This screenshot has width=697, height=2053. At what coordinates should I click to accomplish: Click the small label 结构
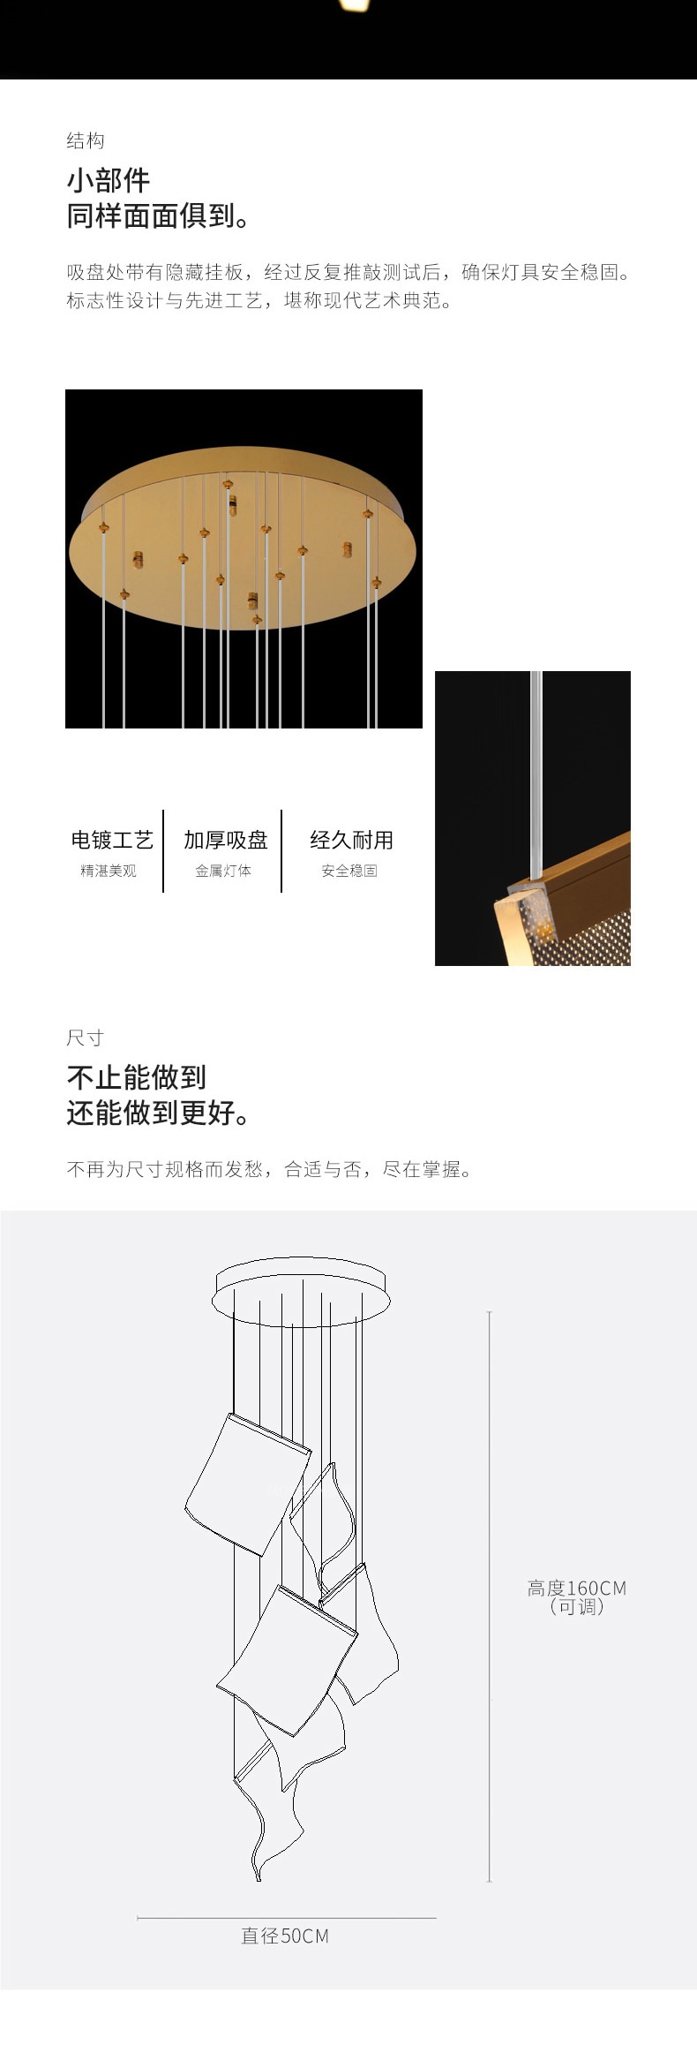pos(86,140)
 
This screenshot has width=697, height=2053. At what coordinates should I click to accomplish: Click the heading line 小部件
pos(109,180)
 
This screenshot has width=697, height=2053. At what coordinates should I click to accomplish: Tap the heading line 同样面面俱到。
pos(158,215)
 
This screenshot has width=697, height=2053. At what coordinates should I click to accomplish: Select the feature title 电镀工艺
pos(112,840)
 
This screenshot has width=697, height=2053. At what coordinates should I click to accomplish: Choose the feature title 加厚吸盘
pos(225,840)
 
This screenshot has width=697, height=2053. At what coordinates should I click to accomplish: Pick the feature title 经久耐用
pos(351,840)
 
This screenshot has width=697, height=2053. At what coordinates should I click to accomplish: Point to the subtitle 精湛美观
pos(109,871)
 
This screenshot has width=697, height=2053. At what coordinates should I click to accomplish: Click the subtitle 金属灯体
pos(223,871)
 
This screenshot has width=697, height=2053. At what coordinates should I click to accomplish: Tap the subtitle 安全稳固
pos(349,871)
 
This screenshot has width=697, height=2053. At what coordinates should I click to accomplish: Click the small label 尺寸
pos(86,1038)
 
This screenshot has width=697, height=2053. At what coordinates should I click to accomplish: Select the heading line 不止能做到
pos(137,1077)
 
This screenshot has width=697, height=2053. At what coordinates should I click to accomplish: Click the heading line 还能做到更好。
pos(158,1113)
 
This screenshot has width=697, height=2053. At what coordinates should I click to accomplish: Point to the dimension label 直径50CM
pos(285,1936)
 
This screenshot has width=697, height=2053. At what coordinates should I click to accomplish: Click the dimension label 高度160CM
pos(577,1589)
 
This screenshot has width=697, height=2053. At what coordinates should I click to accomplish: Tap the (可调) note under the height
pos(577,1607)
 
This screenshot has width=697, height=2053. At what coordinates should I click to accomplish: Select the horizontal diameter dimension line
pos(287,1918)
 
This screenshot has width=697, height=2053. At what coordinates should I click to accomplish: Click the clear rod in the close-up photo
pos(536,777)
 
